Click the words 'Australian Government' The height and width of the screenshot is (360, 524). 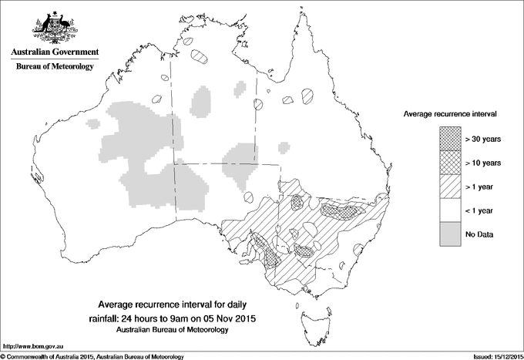(54, 52)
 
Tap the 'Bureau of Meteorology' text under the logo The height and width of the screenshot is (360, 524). (54, 67)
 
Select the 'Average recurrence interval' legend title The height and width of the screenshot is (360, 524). (449, 113)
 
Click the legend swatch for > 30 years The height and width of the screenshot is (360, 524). (448, 139)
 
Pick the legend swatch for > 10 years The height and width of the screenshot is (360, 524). (448, 163)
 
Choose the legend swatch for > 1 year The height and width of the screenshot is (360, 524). (448, 186)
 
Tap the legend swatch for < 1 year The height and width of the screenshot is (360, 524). (448, 210)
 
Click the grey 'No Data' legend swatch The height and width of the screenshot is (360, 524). (448, 234)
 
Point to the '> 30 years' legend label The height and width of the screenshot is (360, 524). (483, 139)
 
